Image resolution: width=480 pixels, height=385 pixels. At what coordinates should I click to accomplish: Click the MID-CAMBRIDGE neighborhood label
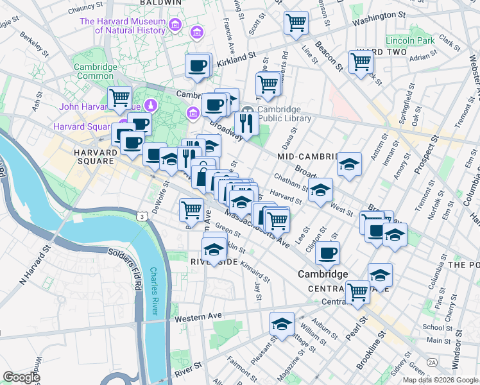(x=307, y=156)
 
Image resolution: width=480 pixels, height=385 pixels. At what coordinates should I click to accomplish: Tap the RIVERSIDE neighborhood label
(x=214, y=262)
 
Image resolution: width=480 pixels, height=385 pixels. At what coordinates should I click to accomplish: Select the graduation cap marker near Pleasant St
(x=281, y=323)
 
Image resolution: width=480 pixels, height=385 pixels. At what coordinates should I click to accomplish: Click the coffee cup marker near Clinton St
(x=327, y=252)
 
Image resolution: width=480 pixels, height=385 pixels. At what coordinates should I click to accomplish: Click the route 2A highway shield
(x=432, y=362)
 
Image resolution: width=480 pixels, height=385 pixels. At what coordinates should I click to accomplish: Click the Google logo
(x=21, y=377)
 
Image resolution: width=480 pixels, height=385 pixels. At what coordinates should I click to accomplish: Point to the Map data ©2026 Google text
(x=440, y=380)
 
